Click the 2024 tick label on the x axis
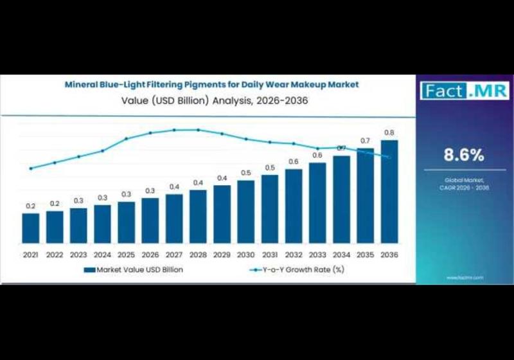coord(102,255)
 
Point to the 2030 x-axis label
coord(245,255)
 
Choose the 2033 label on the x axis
coord(317,255)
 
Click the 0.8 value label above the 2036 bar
coord(389,133)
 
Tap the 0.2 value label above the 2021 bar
coord(30,206)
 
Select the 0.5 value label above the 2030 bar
coord(245,173)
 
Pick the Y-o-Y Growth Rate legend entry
coord(296,270)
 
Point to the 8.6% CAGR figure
coord(464,155)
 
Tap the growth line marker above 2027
coord(174,130)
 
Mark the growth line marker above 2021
coord(30,168)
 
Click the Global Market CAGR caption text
coord(464,184)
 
